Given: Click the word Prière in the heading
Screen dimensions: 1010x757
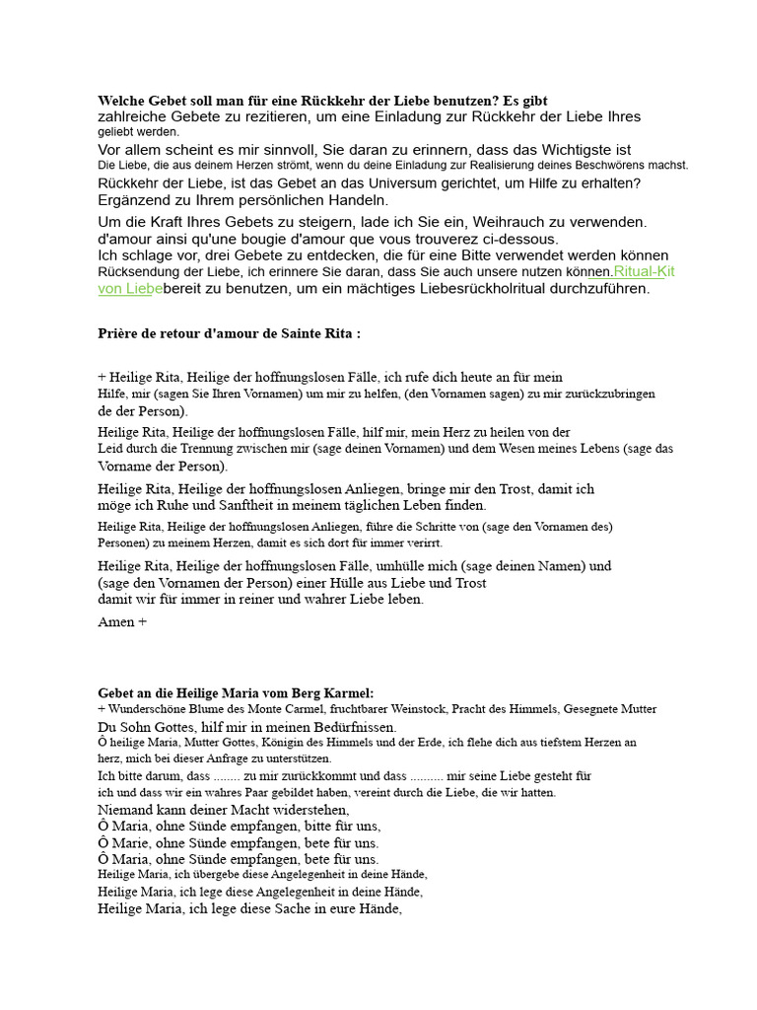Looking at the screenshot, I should [118, 333].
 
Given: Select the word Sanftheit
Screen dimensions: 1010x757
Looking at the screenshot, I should [248, 505].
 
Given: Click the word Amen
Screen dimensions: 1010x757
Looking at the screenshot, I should [116, 622].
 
